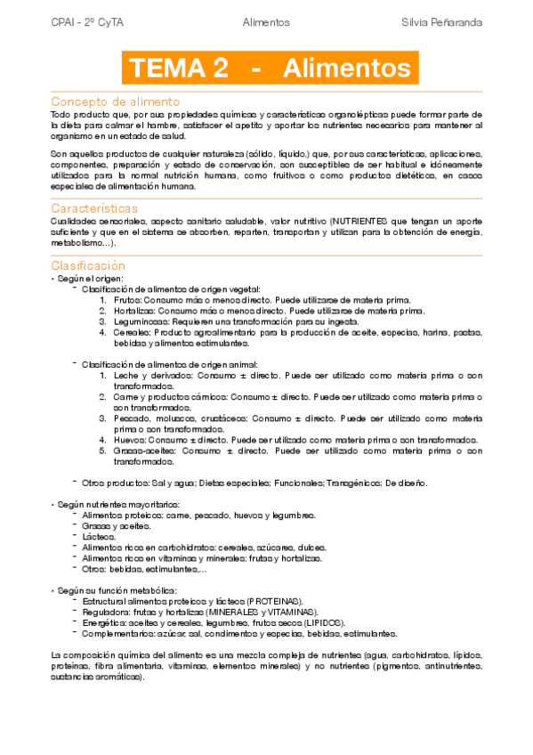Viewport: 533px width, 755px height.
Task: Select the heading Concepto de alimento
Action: (116, 101)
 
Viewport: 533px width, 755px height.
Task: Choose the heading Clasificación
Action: (88, 265)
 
